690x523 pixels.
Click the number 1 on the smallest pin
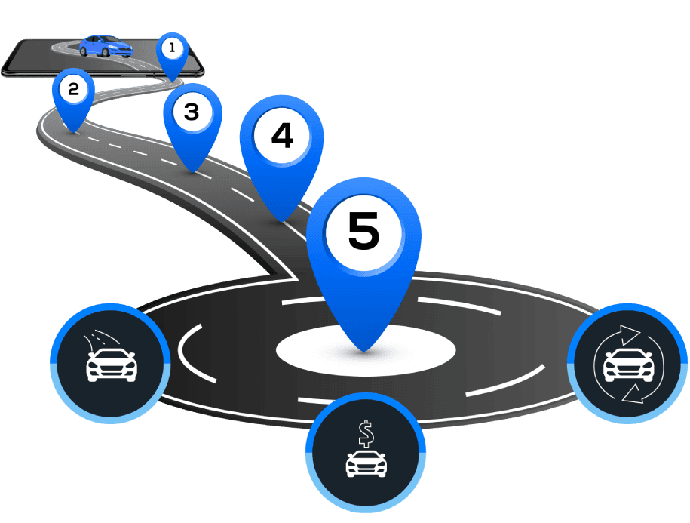(x=172, y=48)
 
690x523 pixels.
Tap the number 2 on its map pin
(x=73, y=89)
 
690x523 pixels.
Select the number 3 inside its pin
(x=191, y=112)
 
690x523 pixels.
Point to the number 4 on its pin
(x=281, y=137)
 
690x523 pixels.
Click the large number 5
(x=363, y=230)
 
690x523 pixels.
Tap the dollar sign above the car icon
(x=366, y=433)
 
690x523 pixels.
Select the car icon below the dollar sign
(x=366, y=463)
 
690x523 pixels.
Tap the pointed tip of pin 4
(x=281, y=220)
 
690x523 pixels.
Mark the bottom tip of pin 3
(x=193, y=171)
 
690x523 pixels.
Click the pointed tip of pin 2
(x=73, y=131)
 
